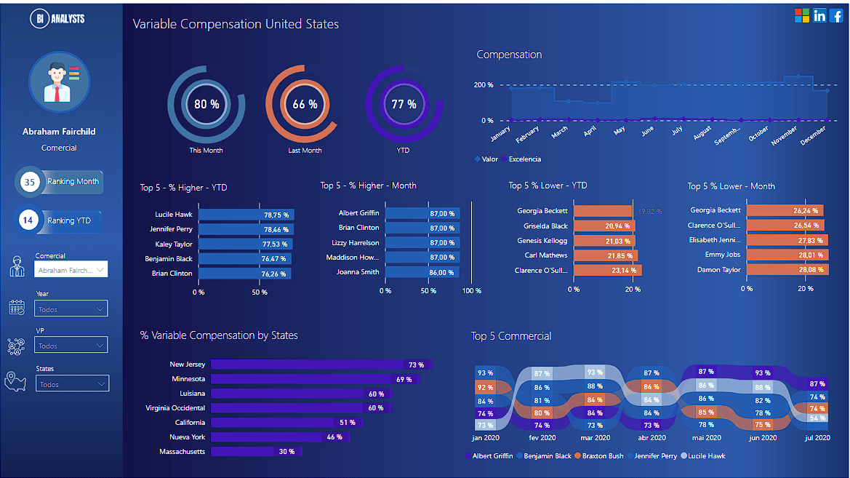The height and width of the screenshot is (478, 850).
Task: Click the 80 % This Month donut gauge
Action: click(x=207, y=104)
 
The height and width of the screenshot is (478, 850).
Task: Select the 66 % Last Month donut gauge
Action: click(x=305, y=104)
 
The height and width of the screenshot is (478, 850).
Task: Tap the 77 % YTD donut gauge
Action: click(x=404, y=104)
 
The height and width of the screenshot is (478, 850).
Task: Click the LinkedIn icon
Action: click(x=819, y=15)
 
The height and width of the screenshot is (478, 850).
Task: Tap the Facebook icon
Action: click(x=836, y=15)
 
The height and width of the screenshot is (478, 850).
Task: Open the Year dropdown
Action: click(x=71, y=309)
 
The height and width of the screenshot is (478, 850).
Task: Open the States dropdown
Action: click(x=72, y=384)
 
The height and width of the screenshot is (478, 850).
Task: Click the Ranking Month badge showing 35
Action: click(x=60, y=182)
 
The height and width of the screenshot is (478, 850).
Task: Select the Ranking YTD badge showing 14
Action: click(x=58, y=220)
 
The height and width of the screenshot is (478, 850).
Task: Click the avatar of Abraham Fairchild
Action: click(x=59, y=82)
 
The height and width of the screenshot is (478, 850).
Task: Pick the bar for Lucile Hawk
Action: click(x=244, y=215)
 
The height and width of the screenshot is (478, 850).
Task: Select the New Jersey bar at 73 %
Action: click(x=320, y=365)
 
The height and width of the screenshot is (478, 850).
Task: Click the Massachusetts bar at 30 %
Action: click(x=255, y=452)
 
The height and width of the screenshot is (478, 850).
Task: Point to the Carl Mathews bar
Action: click(x=605, y=255)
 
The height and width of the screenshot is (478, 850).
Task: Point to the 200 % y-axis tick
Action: click(x=484, y=85)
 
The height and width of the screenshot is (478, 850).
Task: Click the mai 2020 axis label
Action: click(x=705, y=438)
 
